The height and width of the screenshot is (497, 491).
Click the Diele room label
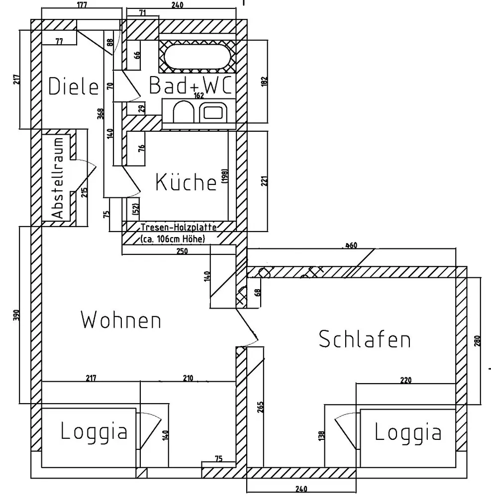(x=73, y=86)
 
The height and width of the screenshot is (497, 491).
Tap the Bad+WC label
(x=191, y=85)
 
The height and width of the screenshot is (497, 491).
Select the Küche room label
(x=186, y=182)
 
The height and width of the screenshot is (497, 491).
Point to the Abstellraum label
(x=58, y=178)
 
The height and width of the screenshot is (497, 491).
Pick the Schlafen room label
(x=365, y=339)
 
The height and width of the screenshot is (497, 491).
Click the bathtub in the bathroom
(x=197, y=57)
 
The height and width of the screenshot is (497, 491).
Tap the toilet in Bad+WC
(x=184, y=111)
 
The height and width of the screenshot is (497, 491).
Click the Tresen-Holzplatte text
(x=179, y=227)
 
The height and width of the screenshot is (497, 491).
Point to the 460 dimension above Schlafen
(x=351, y=246)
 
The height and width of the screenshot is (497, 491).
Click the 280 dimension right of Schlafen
(x=478, y=341)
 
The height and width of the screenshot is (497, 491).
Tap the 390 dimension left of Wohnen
(x=16, y=315)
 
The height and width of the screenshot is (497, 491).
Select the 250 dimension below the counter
(x=182, y=251)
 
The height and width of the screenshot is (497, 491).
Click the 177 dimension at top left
(x=82, y=5)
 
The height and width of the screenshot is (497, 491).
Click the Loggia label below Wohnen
(x=94, y=431)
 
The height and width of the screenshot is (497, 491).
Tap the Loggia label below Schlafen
(x=408, y=432)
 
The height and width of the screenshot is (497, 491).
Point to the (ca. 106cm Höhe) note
(x=173, y=239)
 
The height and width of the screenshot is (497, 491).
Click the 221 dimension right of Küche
(x=265, y=181)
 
